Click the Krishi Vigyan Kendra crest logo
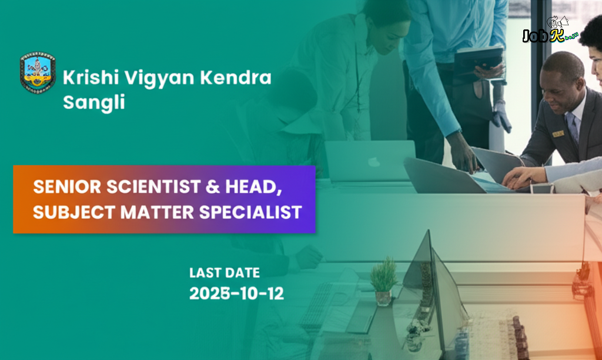click(x=38, y=74)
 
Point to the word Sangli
click(x=94, y=102)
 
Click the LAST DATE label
click(x=224, y=273)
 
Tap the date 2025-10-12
click(x=236, y=294)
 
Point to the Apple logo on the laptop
click(x=373, y=161)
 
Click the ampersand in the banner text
click(x=215, y=187)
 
